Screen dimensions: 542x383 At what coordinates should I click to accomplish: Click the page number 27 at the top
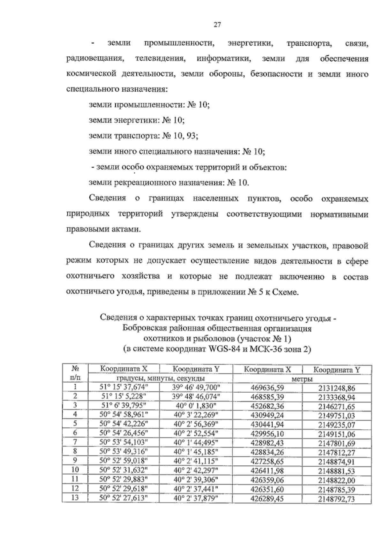pyautogui.click(x=217, y=25)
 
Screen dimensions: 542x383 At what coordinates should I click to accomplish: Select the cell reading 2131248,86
pyautogui.click(x=336, y=388)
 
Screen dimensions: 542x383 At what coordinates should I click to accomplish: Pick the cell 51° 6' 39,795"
pyautogui.click(x=124, y=406)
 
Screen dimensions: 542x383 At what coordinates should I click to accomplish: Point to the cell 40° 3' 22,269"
pyautogui.click(x=195, y=415)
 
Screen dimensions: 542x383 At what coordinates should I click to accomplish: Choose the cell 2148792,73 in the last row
pyautogui.click(x=336, y=499)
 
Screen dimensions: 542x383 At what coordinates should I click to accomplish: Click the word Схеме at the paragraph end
pyautogui.click(x=285, y=292)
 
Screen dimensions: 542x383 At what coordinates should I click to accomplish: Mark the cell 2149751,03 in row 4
pyautogui.click(x=336, y=416)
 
